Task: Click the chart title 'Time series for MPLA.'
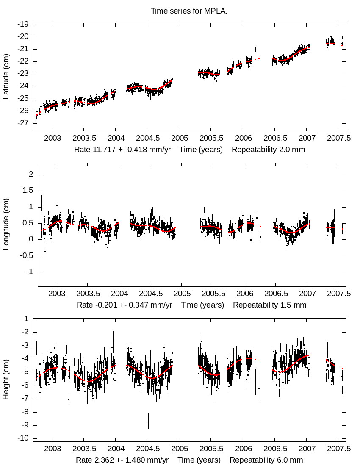click(x=189, y=11)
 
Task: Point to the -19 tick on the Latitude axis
click(x=23, y=24)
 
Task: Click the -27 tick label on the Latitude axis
click(x=23, y=123)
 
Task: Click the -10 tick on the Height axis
click(x=23, y=438)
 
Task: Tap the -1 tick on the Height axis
click(x=25, y=319)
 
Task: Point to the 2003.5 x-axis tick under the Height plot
click(x=84, y=449)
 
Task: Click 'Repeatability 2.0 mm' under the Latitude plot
click(x=268, y=150)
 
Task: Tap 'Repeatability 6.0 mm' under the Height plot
click(x=266, y=460)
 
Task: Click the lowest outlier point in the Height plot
click(x=148, y=420)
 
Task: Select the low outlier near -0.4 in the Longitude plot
click(x=45, y=252)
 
